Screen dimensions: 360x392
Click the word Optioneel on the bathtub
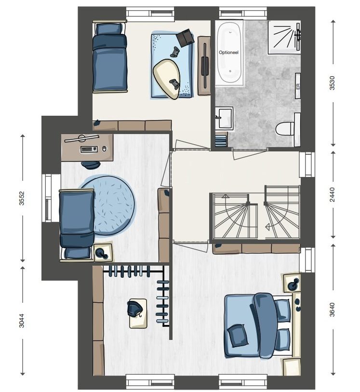coord(228,53)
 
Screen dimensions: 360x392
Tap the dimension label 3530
coord(332,83)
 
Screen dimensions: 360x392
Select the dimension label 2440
coord(332,194)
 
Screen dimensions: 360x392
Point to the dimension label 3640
coord(332,310)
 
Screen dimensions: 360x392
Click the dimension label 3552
coord(22,198)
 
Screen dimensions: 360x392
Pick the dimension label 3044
coord(22,321)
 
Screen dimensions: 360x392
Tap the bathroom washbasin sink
coord(224,118)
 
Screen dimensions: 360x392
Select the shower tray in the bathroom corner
coord(284,37)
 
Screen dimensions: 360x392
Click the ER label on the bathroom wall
coord(297,86)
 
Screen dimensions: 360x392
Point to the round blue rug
coord(108,205)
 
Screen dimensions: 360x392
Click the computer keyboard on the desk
coord(89,149)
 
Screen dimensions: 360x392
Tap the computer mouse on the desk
coord(104,149)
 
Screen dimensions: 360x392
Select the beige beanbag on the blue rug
coord(166,79)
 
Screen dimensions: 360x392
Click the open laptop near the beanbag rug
coord(185,38)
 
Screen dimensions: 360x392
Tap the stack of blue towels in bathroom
coord(221,141)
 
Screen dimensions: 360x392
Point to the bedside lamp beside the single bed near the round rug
coord(102,253)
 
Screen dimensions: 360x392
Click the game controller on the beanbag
coord(174,83)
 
